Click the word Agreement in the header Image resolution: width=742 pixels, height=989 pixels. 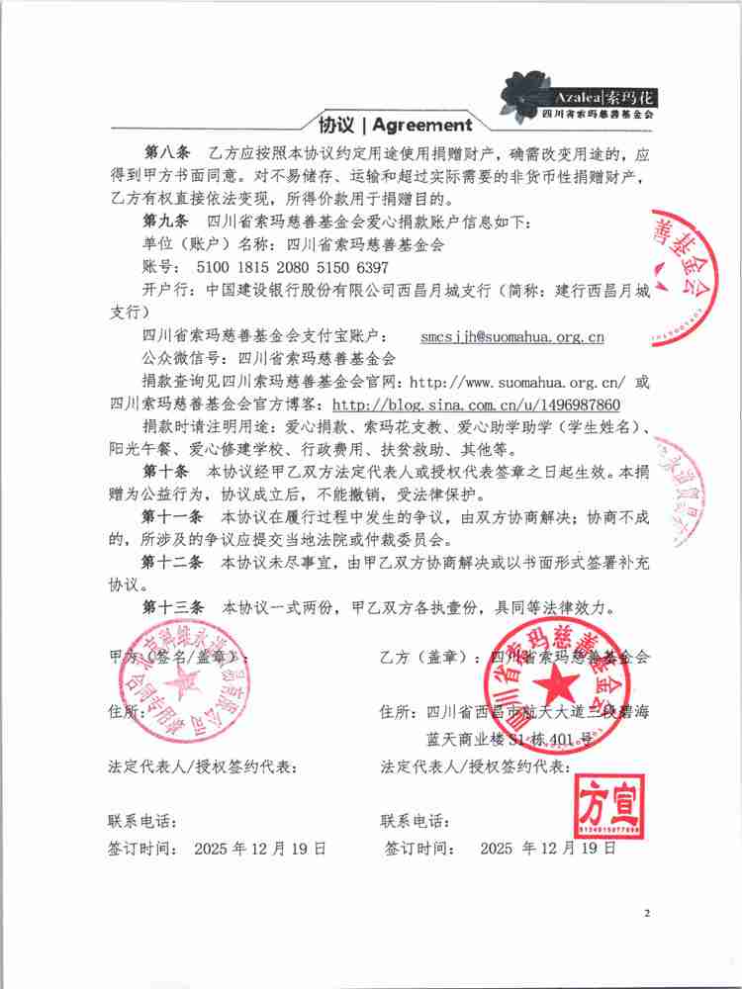pyautogui.click(x=422, y=126)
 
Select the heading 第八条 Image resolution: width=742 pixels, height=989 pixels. pyautogui.click(x=165, y=156)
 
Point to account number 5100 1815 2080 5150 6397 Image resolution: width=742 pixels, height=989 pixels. pyautogui.click(x=293, y=267)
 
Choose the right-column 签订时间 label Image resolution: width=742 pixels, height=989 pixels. pyautogui.click(x=419, y=849)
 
